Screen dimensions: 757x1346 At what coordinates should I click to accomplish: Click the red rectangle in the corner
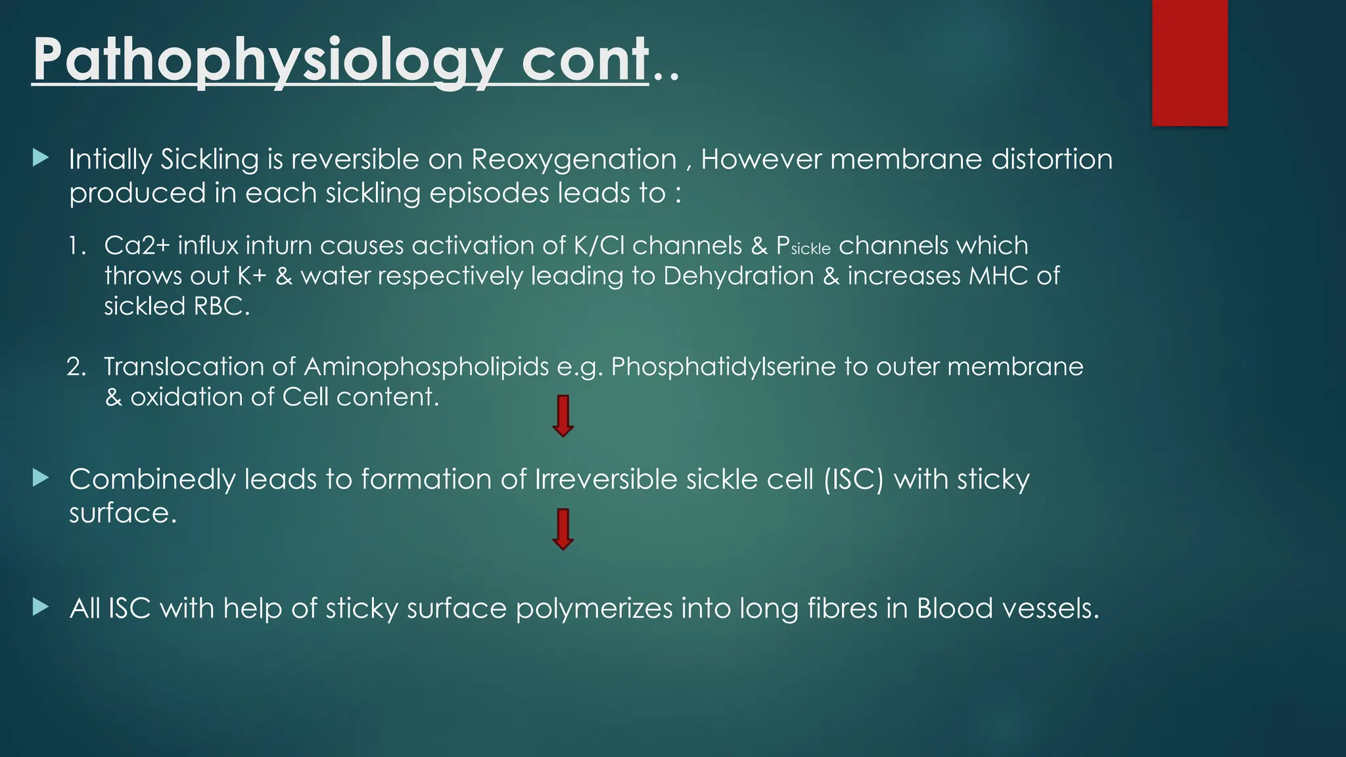pyautogui.click(x=1190, y=62)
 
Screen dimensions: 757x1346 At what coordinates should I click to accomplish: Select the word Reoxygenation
pyautogui.click(x=574, y=160)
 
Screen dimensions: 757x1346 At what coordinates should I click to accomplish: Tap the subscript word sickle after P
pyautogui.click(x=811, y=250)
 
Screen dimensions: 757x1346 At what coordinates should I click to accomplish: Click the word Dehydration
pyautogui.click(x=738, y=276)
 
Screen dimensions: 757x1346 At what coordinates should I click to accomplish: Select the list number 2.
pyautogui.click(x=76, y=367)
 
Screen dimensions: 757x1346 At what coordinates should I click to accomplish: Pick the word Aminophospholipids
pyautogui.click(x=426, y=367)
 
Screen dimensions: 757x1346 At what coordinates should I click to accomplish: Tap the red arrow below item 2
pyautogui.click(x=563, y=416)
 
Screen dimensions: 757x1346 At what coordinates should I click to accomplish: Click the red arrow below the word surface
pyautogui.click(x=563, y=529)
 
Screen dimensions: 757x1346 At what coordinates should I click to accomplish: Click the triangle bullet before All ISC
pyautogui.click(x=41, y=607)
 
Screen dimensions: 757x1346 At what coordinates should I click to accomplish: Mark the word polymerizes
pyautogui.click(x=594, y=608)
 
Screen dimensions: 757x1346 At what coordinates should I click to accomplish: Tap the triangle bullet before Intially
pyautogui.click(x=41, y=158)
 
